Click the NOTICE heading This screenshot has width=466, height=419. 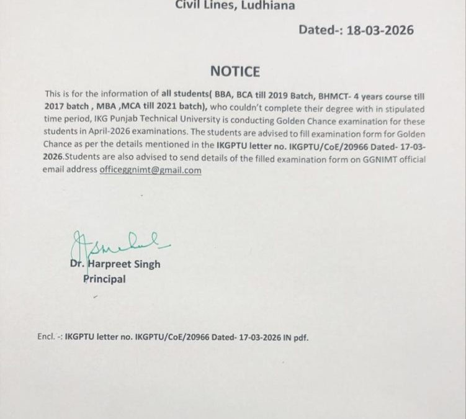coord(235,71)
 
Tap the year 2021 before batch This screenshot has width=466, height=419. coord(179,107)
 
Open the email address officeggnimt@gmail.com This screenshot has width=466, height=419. coord(150,170)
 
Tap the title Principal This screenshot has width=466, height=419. coord(104,279)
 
